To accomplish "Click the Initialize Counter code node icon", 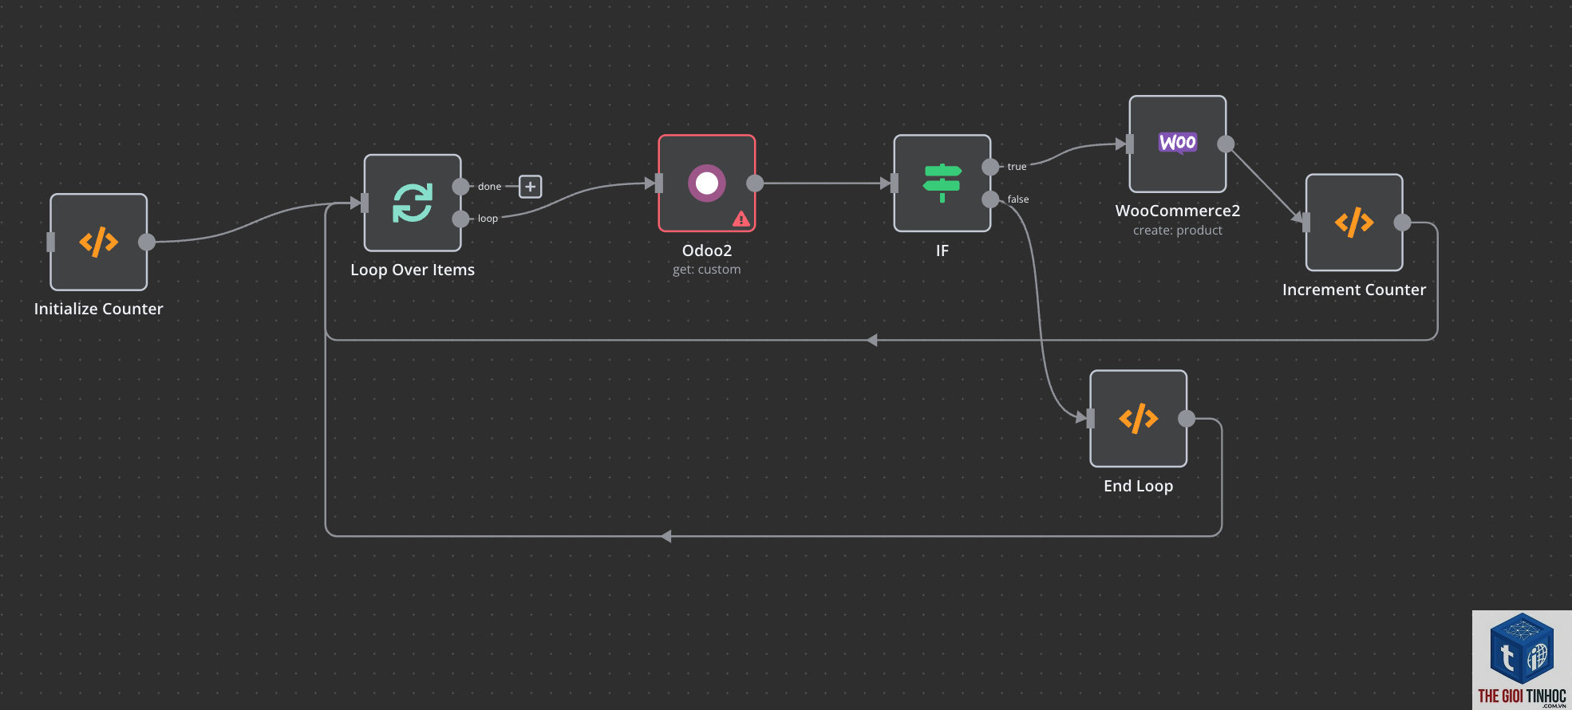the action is (x=99, y=242).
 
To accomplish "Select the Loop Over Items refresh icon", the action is (x=413, y=203).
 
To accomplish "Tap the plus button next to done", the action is (x=531, y=187).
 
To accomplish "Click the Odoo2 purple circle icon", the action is (x=707, y=183).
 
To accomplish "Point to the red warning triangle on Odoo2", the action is (x=741, y=219).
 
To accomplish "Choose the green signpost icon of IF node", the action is (x=942, y=183).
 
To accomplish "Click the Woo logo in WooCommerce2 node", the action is (x=1178, y=143).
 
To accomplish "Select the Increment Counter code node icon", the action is (x=1354, y=223).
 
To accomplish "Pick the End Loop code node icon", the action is (x=1139, y=418).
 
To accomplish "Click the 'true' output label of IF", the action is (x=1017, y=167).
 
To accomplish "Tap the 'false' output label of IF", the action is (x=1018, y=199).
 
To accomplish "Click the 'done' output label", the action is (x=490, y=187).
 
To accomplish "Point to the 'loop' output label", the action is (x=488, y=219).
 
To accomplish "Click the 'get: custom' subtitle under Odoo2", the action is (x=707, y=270).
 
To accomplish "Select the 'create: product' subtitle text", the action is (x=1178, y=231).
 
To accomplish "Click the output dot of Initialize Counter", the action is (x=147, y=242).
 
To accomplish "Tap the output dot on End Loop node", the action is (x=1187, y=418).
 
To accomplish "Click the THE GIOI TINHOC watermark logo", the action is (x=1522, y=660).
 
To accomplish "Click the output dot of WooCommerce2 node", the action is (x=1226, y=144).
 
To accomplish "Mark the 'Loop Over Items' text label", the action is (x=413, y=270).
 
